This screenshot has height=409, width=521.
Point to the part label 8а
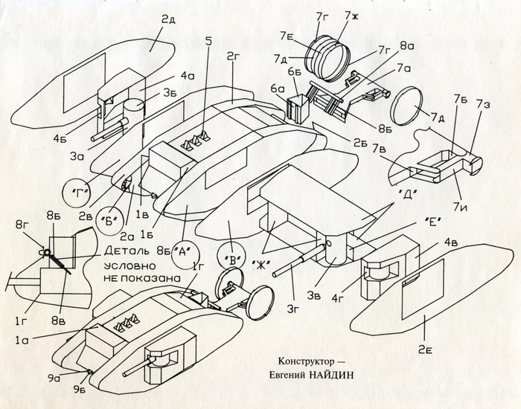click(406, 46)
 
